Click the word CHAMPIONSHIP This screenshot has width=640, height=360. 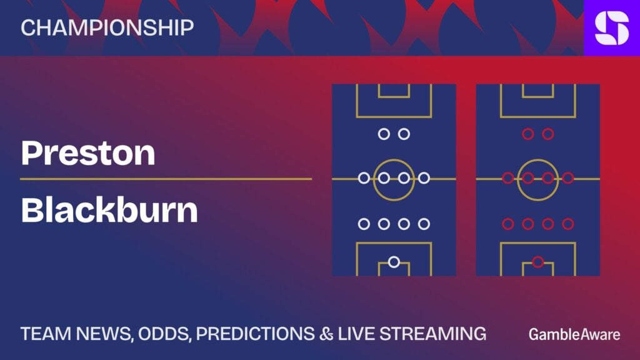coord(107,27)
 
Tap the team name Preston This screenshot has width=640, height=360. coord(88,152)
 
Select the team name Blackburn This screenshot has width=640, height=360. coord(109,210)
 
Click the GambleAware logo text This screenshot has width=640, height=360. coord(574,334)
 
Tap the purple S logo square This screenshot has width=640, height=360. coord(612,27)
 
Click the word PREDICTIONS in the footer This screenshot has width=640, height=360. coord(256,334)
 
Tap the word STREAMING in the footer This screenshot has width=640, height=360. coord(433,334)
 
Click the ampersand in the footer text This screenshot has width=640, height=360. coord(326,334)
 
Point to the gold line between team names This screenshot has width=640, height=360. coord(166,179)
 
